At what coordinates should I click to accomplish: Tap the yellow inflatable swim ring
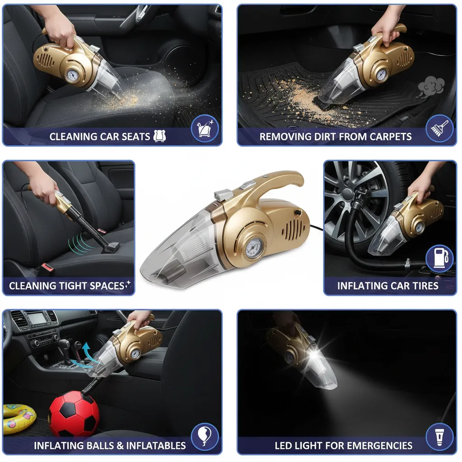click(x=18, y=418)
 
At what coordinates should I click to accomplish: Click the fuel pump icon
click(x=439, y=259)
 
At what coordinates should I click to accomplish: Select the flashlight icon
click(x=439, y=437)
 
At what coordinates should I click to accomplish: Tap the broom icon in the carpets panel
click(x=439, y=129)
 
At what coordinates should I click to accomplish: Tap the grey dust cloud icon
click(x=431, y=86)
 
